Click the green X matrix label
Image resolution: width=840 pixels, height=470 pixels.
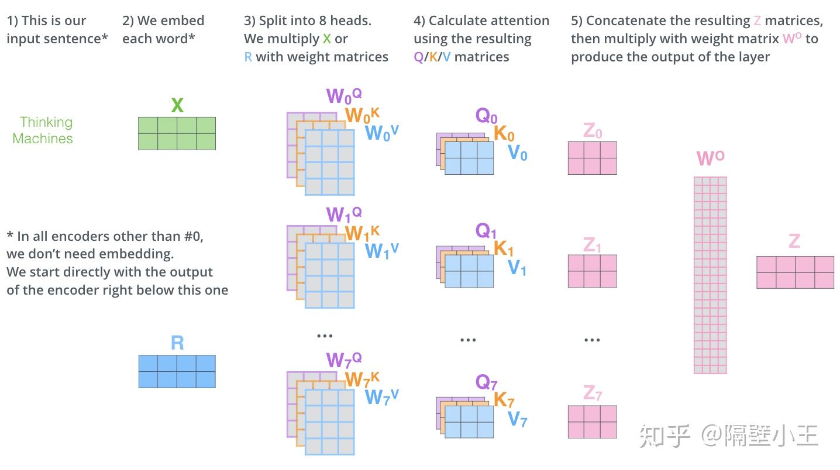pos(177,106)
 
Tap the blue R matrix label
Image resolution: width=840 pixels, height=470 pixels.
pos(177,343)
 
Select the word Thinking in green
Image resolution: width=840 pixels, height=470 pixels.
pos(46,122)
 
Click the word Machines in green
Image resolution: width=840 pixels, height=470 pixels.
pos(43,139)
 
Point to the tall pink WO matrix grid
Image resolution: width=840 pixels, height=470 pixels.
pos(710,275)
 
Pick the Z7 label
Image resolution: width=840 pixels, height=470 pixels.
pos(593,394)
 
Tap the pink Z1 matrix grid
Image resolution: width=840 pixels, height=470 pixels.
pos(592,271)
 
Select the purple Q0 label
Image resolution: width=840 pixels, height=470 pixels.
pos(486,116)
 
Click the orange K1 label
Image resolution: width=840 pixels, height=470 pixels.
pos(504,248)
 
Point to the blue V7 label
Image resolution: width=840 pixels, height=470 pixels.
pos(517,419)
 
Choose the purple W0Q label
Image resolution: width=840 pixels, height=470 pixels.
pos(344,96)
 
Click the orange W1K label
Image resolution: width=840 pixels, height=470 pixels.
pos(362,233)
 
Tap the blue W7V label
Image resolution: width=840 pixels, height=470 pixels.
pos(381,397)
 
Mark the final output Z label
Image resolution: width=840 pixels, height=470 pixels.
pos(794,241)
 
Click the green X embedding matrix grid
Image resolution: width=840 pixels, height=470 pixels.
pos(177,133)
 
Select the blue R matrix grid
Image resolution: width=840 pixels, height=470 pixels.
pos(177,371)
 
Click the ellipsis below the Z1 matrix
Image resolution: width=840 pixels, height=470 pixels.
pos(592,340)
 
